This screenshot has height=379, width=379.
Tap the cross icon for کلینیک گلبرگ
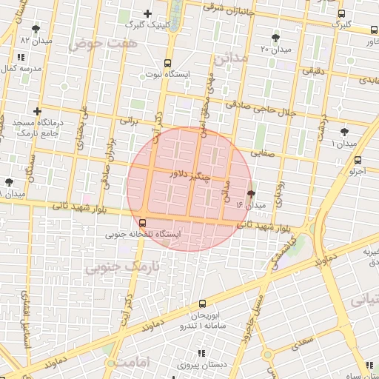[147, 13]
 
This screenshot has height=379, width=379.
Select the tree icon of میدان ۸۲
[36, 29]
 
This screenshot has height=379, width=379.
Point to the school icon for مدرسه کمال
[20, 57]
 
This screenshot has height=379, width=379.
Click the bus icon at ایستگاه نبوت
[167, 63]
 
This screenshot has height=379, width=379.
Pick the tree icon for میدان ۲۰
[275, 37]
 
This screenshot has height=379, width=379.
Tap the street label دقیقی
[312, 70]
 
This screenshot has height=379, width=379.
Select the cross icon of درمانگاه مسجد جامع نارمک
[38, 111]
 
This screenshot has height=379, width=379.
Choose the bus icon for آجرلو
[358, 160]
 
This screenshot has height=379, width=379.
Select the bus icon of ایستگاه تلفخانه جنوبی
[142, 222]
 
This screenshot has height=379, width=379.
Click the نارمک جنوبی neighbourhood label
[113, 265]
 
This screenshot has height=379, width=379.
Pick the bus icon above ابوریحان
[202, 303]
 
